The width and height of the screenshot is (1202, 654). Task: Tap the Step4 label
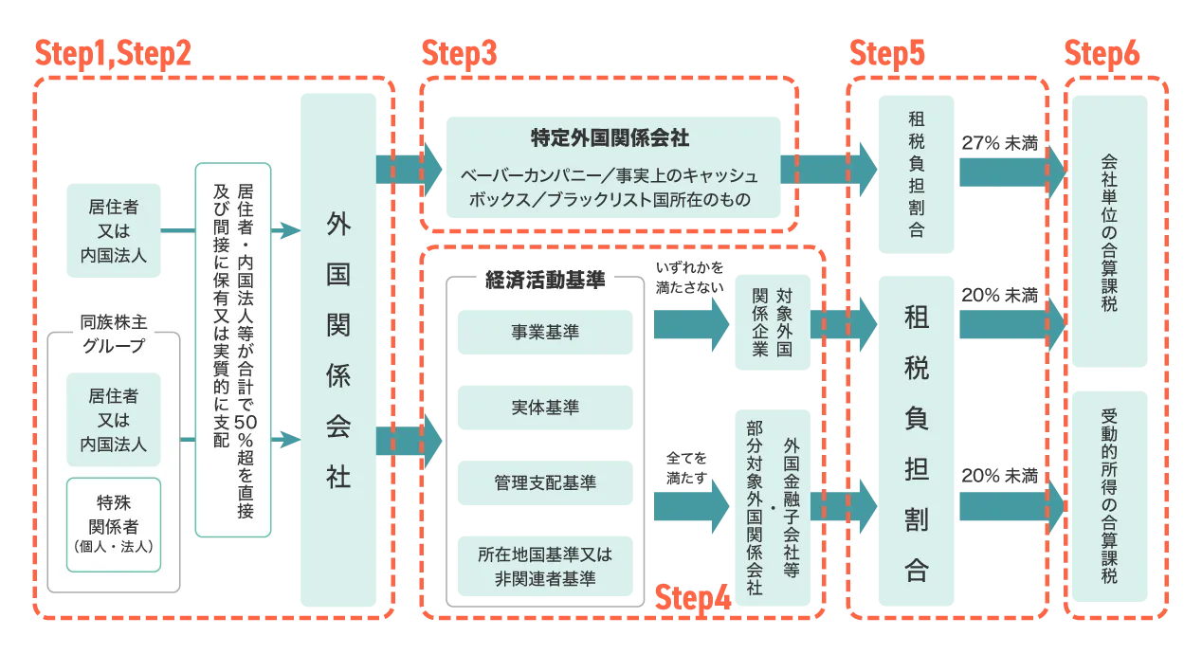(694, 599)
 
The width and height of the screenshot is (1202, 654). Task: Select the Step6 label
(1102, 55)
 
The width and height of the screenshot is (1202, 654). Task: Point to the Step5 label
(887, 55)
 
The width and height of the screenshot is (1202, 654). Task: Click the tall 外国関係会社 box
(337, 351)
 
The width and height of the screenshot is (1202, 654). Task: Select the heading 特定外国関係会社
(610, 138)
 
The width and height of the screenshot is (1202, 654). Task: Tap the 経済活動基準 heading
(544, 281)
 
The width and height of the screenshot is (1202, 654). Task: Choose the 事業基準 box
(545, 332)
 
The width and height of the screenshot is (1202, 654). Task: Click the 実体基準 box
(545, 408)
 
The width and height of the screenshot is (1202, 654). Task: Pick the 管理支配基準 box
(545, 483)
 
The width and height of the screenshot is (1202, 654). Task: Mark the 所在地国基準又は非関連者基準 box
(545, 566)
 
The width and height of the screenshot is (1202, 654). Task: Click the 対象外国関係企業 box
(770, 322)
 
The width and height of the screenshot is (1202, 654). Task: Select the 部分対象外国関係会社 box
(770, 507)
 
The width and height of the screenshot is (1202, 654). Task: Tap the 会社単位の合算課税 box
(1110, 232)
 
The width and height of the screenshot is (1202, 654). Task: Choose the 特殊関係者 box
(113, 524)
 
